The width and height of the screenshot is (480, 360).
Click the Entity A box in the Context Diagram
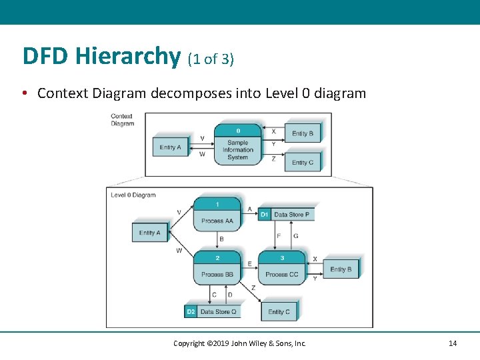(170, 147)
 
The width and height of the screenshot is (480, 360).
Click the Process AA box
(217, 214)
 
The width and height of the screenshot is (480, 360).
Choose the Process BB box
(217, 268)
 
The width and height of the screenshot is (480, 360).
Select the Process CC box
(281, 268)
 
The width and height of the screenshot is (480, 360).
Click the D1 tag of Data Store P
(264, 215)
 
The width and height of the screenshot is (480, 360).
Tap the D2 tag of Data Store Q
(191, 311)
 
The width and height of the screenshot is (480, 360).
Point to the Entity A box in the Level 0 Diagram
(149, 233)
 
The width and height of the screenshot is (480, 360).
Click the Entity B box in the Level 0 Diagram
(341, 269)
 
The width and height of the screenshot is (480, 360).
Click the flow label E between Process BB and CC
(249, 263)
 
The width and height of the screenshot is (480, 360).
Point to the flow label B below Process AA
(221, 239)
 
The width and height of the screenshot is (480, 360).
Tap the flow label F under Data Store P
(278, 235)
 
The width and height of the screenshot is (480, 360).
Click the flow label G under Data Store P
(295, 235)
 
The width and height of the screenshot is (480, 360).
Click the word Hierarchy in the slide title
(127, 57)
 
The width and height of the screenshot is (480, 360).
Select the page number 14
(453, 343)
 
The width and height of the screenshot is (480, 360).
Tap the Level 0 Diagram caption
(133, 195)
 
